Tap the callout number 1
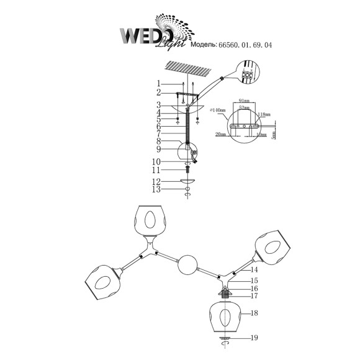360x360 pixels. click(159, 83)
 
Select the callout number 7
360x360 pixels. click(159, 133)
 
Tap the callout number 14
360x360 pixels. click(254, 271)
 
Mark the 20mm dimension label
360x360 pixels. click(221, 133)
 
